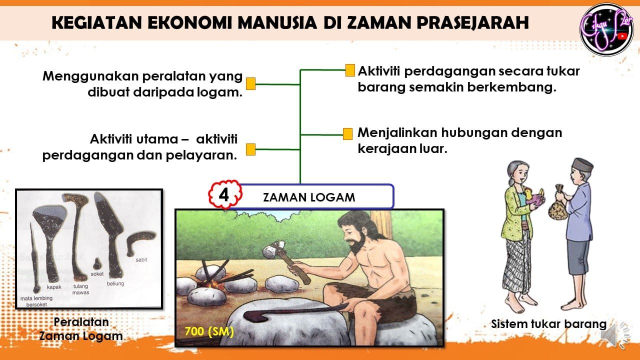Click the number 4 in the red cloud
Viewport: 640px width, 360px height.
coord(223,195)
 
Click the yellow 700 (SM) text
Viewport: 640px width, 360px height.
coord(209,331)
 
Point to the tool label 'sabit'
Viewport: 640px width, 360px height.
coord(141,259)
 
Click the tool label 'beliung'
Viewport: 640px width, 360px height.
coord(115,283)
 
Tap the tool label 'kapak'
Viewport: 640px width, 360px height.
coord(54,287)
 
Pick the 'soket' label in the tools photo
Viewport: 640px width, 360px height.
coord(97,274)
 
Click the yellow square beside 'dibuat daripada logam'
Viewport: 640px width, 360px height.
coord(250,83)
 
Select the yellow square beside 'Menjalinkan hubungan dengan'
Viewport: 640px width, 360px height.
coord(347,133)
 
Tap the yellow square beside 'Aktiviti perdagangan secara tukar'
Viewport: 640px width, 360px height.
coord(350,70)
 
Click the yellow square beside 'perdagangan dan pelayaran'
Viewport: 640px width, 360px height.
coord(250,149)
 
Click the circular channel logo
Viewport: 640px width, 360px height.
coord(607,29)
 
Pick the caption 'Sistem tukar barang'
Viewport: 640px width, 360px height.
coord(548,324)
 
